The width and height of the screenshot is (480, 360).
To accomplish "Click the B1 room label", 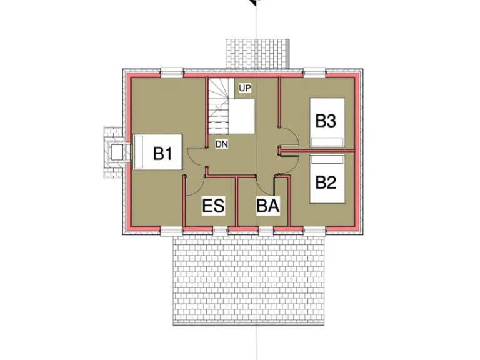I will click(x=163, y=153).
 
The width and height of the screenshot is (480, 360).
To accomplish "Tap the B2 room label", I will click(x=326, y=182).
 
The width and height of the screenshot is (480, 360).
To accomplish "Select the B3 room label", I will click(x=326, y=121).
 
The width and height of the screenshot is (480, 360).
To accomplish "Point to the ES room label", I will click(x=214, y=206).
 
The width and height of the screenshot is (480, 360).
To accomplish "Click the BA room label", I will click(x=267, y=206).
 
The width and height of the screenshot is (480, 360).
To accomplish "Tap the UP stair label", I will click(x=244, y=88).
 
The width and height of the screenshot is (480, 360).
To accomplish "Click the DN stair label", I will click(x=221, y=144).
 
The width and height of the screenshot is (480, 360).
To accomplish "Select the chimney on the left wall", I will click(x=116, y=151).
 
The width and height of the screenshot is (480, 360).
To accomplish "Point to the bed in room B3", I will click(x=327, y=122).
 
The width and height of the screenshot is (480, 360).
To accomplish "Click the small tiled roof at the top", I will click(x=257, y=54).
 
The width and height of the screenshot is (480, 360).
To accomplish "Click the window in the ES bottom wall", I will click(x=220, y=231).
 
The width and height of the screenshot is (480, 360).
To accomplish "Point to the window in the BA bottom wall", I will click(x=266, y=231).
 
